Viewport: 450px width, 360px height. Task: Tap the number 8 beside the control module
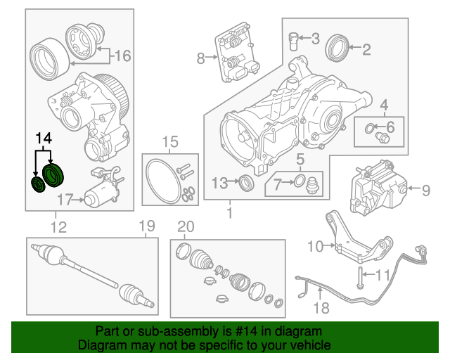pyautogui.click(x=200, y=58)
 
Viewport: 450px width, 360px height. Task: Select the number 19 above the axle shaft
pyautogui.click(x=146, y=226)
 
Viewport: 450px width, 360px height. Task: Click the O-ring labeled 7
pyautogui.click(x=297, y=184)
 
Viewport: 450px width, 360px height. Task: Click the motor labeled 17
pyautogui.click(x=98, y=191)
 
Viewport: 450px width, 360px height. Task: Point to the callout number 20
pyautogui.click(x=185, y=226)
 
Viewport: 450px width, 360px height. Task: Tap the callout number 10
pyautogui.click(x=314, y=245)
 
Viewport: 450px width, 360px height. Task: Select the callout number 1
pyautogui.click(x=229, y=211)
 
